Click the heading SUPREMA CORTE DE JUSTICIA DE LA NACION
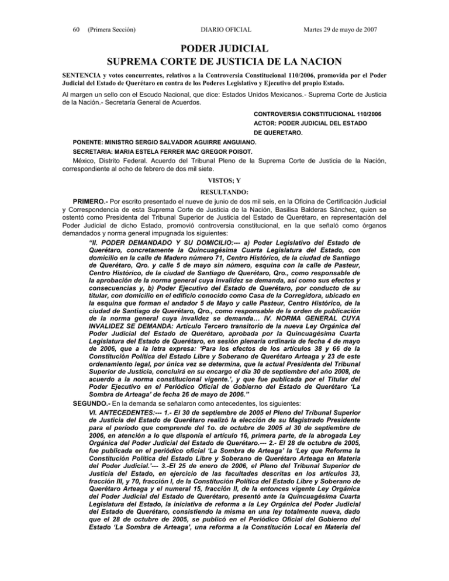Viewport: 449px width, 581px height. (x=224, y=61)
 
